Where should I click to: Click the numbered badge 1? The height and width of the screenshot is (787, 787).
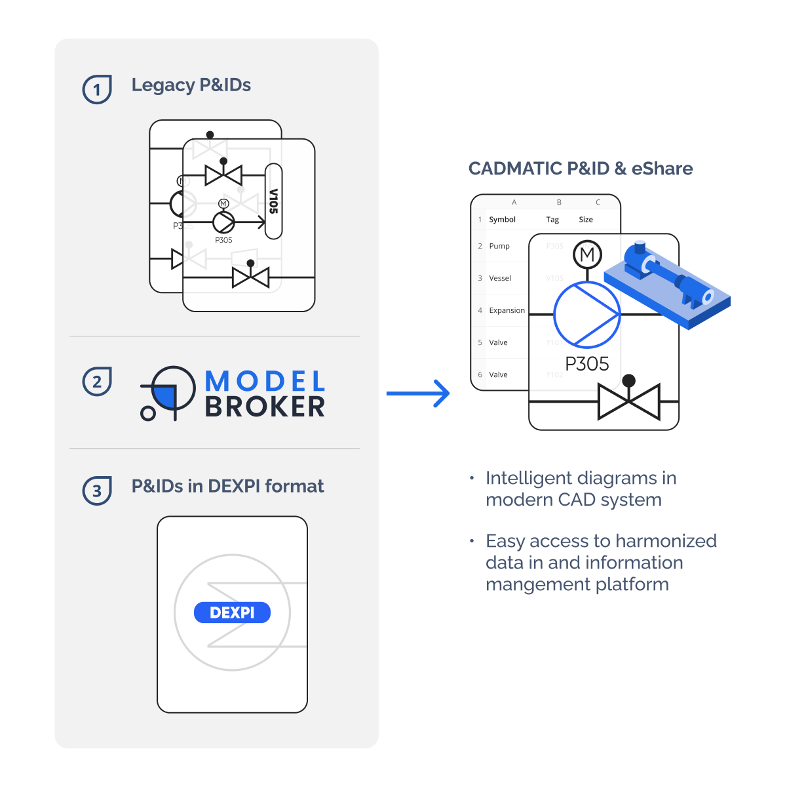(97, 89)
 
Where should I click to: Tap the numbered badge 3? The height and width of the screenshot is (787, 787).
(97, 491)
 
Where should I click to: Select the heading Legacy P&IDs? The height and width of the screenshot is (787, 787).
(191, 85)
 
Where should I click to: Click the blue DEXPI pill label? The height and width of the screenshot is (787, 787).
(232, 613)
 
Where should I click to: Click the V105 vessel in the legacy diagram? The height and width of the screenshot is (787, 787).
(274, 201)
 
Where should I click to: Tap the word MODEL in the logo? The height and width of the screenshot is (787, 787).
(265, 381)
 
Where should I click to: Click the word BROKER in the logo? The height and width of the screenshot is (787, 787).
(265, 407)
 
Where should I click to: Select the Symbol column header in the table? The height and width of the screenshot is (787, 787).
(502, 220)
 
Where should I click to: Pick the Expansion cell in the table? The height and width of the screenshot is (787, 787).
(507, 310)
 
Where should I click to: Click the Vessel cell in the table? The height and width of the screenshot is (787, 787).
(500, 278)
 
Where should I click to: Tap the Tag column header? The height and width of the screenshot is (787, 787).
(552, 220)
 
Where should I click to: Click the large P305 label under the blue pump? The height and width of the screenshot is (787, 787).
(586, 364)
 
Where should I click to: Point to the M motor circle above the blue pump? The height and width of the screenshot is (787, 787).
(587, 254)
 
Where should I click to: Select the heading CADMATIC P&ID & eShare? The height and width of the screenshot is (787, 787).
(581, 169)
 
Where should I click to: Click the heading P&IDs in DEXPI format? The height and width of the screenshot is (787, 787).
(227, 486)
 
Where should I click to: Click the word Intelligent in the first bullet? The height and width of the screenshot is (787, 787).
(529, 478)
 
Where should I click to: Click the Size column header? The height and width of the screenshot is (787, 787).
(586, 220)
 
